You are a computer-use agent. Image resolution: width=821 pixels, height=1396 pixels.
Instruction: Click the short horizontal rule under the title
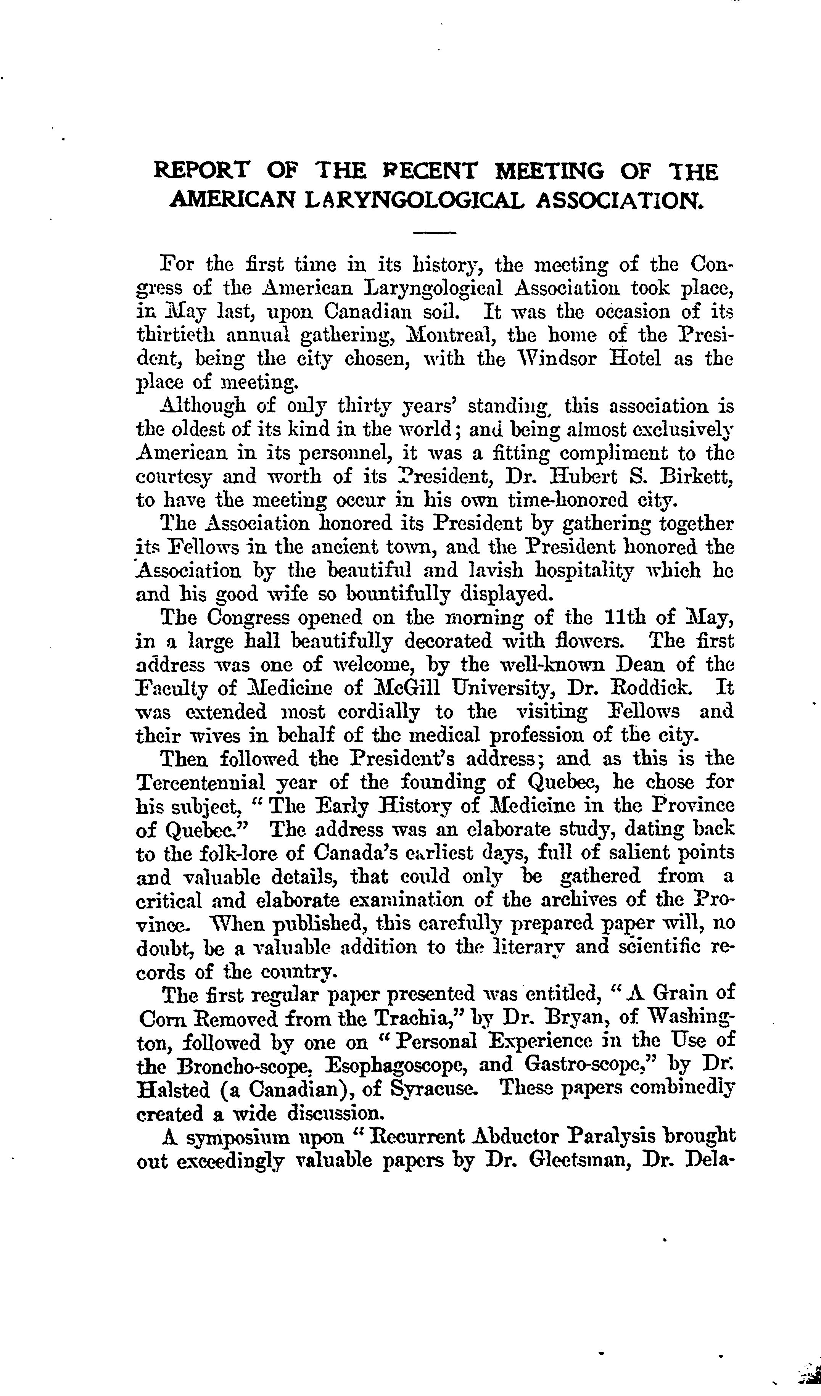point(434,233)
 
